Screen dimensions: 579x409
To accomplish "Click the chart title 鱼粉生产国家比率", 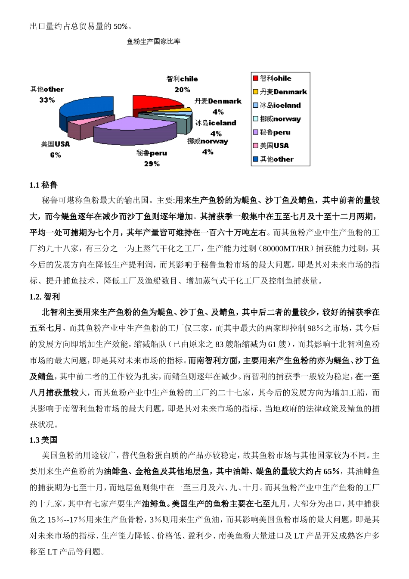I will [153, 42].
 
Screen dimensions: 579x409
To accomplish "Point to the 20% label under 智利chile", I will [182, 90].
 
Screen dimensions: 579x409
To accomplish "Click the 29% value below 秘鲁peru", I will [152, 164].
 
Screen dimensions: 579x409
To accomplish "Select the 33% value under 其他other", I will [47, 100].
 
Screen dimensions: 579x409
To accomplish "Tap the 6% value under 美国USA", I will [55, 155].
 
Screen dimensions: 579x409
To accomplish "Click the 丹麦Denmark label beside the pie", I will [218, 101].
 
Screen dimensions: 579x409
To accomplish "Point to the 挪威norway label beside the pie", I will [208, 141].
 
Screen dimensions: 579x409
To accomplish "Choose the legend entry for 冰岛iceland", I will [280, 105].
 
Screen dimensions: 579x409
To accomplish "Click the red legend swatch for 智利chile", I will [256, 78].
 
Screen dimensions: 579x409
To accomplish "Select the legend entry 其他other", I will [276, 159].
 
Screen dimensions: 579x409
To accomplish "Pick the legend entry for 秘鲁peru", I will [275, 132].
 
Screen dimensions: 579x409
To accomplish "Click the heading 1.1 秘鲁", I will [43, 185].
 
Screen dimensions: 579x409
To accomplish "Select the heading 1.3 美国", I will [43, 440].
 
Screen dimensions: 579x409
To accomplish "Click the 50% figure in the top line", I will [121, 27].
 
